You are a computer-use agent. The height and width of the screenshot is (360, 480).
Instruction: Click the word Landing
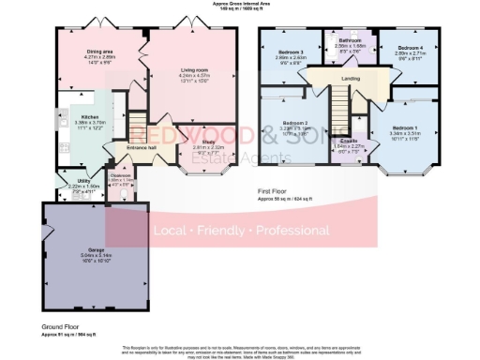(x=351, y=79)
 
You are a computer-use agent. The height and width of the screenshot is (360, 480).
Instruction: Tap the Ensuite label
(x=347, y=141)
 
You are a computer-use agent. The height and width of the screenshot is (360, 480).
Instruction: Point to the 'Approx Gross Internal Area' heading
(x=240, y=4)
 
